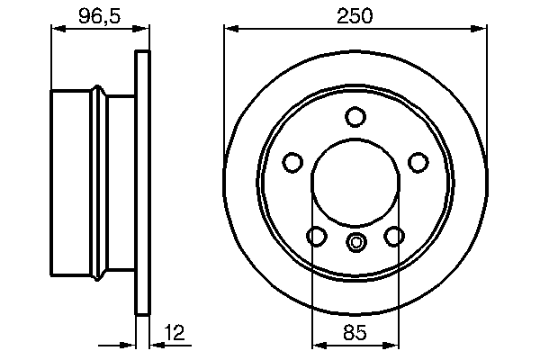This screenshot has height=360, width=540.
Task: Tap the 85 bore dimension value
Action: pos(355,332)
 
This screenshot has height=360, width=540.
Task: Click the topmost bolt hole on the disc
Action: pos(355,117)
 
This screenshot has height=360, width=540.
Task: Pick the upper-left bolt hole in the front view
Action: pos(292,162)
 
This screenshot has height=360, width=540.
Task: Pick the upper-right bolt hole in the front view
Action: pos(418,162)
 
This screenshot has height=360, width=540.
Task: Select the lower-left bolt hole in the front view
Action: pos(316,236)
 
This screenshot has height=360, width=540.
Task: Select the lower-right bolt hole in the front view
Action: pos(393,236)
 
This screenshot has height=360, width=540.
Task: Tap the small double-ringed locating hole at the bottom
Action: pos(355,241)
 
